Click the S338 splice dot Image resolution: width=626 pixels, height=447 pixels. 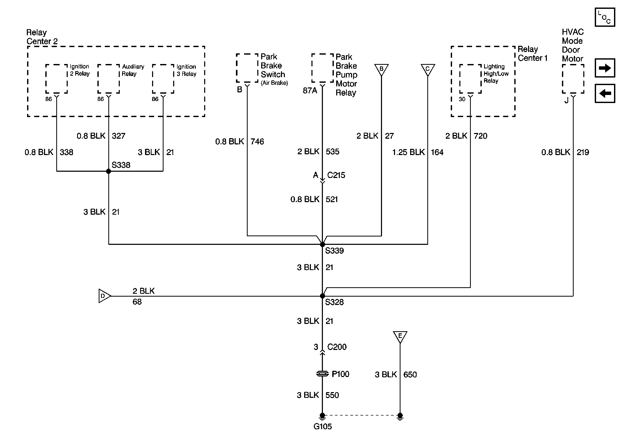(109, 171)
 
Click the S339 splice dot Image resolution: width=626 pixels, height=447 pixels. (322, 244)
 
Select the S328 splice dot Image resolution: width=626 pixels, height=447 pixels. (322, 296)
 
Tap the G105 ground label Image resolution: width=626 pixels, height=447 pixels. (322, 426)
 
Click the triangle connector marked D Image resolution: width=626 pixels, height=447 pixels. (104, 296)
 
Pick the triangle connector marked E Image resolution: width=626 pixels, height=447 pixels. (400, 336)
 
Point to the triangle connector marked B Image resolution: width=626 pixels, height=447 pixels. (381, 69)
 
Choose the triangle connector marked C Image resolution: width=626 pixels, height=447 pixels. (428, 69)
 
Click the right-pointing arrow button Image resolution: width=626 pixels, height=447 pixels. (605, 68)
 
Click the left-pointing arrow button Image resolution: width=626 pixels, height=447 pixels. (605, 93)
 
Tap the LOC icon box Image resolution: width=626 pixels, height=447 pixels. (605, 17)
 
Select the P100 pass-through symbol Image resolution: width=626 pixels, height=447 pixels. (322, 374)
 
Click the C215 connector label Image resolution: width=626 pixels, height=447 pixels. (336, 175)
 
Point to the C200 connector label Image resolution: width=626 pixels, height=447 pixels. (337, 347)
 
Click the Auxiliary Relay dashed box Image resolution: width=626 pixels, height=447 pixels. (109, 79)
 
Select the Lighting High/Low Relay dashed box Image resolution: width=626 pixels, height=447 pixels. (470, 79)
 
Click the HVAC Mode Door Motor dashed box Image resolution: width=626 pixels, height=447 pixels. (573, 79)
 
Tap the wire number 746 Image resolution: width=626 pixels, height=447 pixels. (257, 142)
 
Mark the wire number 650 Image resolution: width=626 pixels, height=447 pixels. (410, 375)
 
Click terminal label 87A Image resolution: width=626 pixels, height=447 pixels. (310, 91)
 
